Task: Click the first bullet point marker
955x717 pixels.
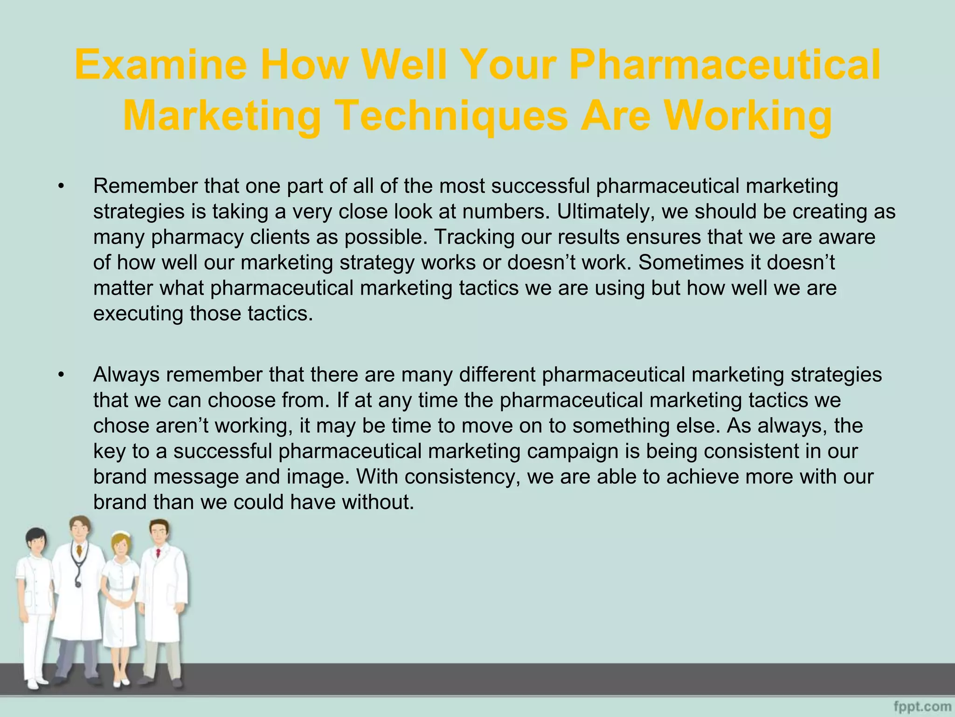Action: click(61, 187)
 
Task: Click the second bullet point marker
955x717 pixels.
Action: click(61, 375)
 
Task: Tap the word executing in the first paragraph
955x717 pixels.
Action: click(138, 314)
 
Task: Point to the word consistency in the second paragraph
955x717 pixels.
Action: click(462, 477)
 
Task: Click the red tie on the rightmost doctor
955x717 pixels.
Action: click(159, 553)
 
